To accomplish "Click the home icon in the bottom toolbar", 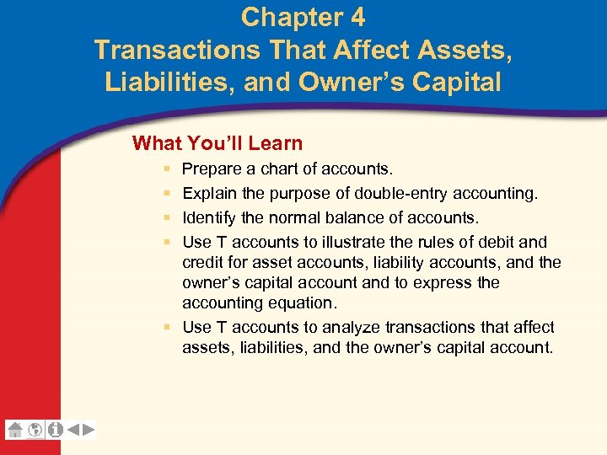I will (15, 430).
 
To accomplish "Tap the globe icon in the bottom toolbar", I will (35, 430).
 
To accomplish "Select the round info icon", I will (56, 430).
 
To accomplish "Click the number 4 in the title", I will (356, 17).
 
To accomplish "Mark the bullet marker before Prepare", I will (169, 170).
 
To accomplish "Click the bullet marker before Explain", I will (169, 194).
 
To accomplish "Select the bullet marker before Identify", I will (169, 217).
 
